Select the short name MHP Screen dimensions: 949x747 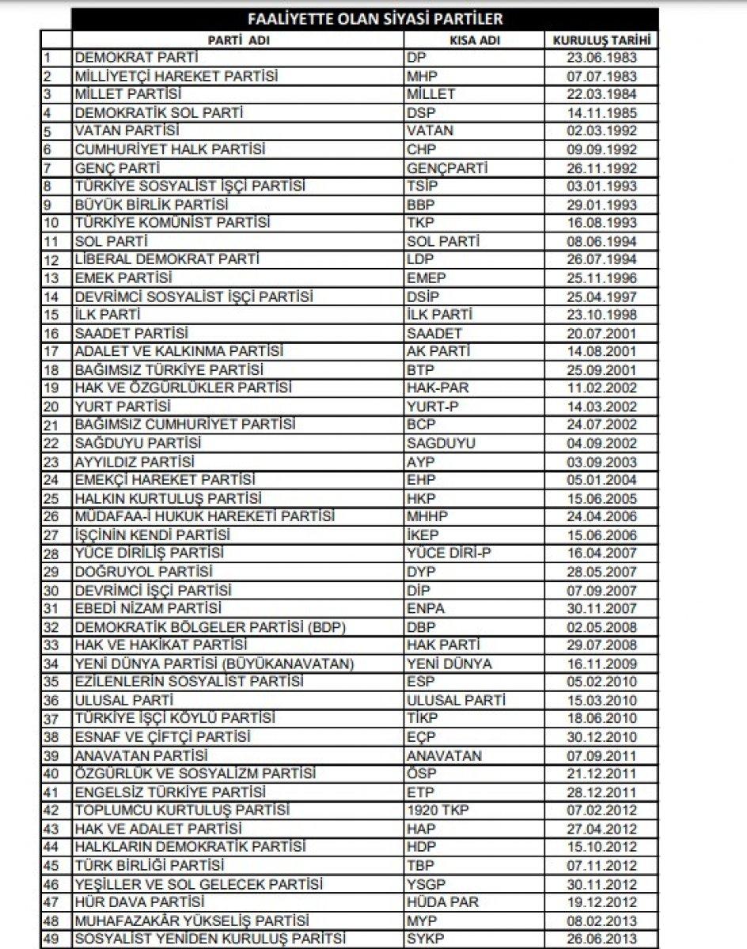tap(421, 77)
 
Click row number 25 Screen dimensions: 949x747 tap(52, 499)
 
